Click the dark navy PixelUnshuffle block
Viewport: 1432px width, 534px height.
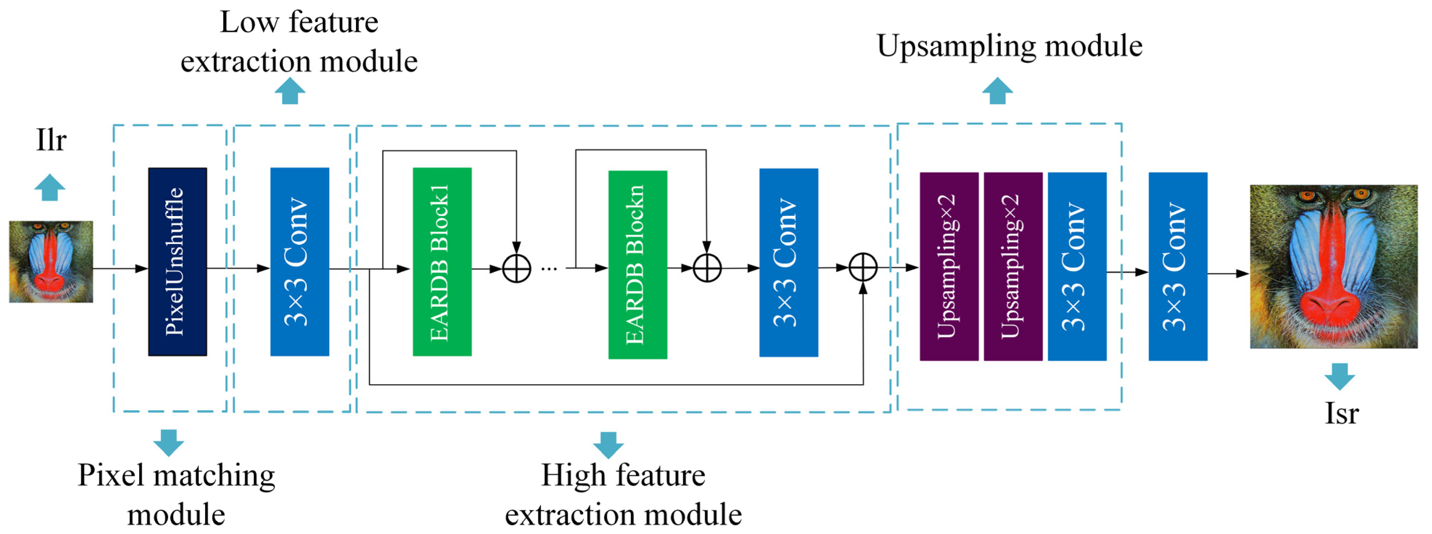click(x=177, y=261)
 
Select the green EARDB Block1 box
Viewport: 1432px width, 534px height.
click(x=442, y=261)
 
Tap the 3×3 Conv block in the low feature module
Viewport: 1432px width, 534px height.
click(x=299, y=261)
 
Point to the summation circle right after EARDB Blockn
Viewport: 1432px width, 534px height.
click(x=707, y=268)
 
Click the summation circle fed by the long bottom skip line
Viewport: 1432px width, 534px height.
click(x=863, y=268)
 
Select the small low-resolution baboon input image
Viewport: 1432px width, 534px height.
click(x=51, y=261)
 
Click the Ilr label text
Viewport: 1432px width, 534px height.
click(x=51, y=140)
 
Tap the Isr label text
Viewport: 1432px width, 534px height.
click(x=1341, y=413)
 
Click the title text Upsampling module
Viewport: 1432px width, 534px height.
click(x=1009, y=46)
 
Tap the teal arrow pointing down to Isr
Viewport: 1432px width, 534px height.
click(x=1339, y=376)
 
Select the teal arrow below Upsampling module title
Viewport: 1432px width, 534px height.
click(x=997, y=91)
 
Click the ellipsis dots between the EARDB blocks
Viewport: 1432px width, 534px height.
click(x=549, y=269)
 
